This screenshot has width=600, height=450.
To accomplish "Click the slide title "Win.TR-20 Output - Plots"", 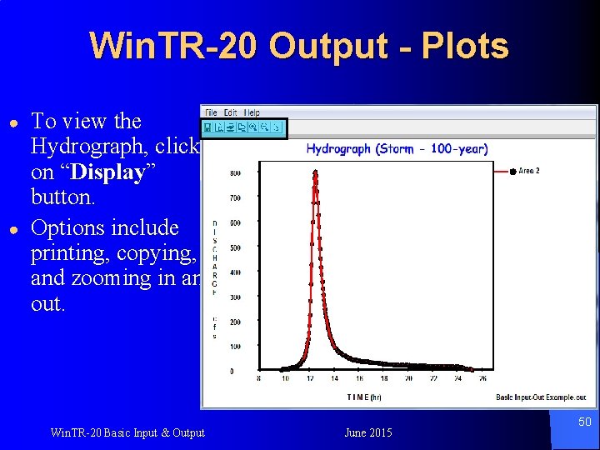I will pyautogui.click(x=298, y=47).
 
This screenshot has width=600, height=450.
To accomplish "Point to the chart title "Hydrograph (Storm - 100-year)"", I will pyautogui.click(x=397, y=149).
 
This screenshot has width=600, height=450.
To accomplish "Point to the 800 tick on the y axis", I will pyautogui.click(x=236, y=174).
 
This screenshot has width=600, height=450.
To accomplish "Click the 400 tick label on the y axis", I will pyautogui.click(x=236, y=272).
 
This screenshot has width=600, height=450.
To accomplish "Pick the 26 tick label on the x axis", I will pyautogui.click(x=483, y=379).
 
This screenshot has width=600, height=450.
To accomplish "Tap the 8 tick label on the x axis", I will pyautogui.click(x=258, y=379).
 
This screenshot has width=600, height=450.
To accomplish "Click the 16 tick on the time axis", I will pyautogui.click(x=383, y=379).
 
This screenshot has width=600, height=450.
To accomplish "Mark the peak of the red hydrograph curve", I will pyautogui.click(x=315, y=173).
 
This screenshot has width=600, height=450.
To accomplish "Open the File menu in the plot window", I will pyautogui.click(x=211, y=112).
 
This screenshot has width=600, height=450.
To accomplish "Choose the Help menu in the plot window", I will pyautogui.click(x=252, y=112).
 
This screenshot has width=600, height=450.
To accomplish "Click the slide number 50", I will pyautogui.click(x=585, y=422).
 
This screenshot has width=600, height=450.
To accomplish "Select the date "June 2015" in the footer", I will pyautogui.click(x=367, y=432).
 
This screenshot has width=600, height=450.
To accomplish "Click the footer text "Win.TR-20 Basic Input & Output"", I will pyautogui.click(x=127, y=432).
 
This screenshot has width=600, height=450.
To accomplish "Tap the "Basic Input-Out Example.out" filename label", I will pyautogui.click(x=540, y=397).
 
